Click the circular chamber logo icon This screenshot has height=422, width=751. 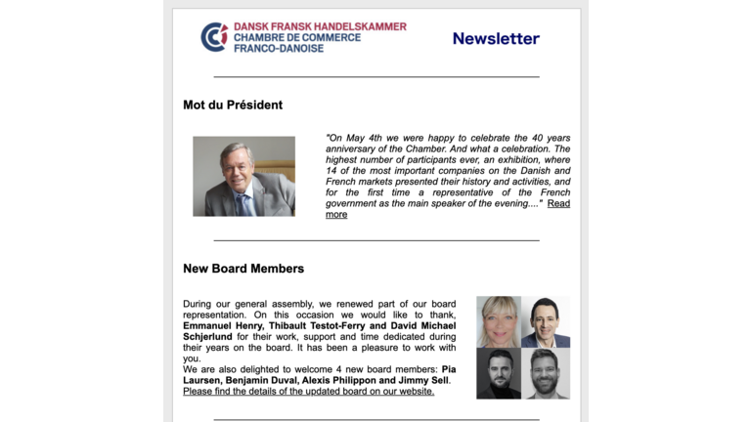click(214, 37)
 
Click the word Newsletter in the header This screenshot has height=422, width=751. click(496, 38)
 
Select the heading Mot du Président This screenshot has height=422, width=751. click(233, 105)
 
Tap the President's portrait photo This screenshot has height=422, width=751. click(243, 176)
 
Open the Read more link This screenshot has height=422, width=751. click(557, 203)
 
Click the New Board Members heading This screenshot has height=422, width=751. click(243, 269)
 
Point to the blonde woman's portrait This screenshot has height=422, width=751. click(499, 321)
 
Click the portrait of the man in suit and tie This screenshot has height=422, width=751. click(546, 321)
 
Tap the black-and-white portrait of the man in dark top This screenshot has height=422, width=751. click(499, 373)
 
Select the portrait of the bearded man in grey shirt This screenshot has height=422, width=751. click(546, 373)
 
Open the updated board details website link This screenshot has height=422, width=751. click(308, 392)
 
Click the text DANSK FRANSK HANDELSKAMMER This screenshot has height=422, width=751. click(320, 26)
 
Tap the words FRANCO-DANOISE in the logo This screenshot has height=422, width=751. click(278, 48)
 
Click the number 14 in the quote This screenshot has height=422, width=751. click(331, 182)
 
